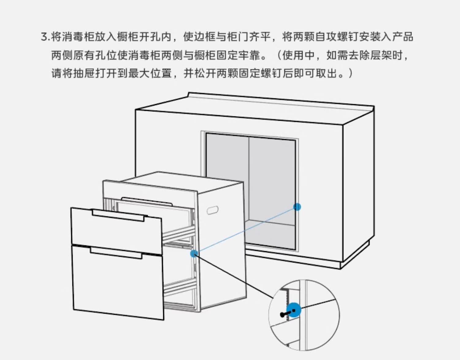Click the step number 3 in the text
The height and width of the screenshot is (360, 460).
coord(44,37)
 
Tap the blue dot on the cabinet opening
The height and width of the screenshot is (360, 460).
coord(297,207)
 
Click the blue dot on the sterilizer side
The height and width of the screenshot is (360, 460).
coord(194,253)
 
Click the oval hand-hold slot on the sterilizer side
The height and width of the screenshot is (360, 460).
coord(213,210)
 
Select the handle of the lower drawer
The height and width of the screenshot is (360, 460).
coord(116,253)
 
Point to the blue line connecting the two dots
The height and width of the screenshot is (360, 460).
coord(245,230)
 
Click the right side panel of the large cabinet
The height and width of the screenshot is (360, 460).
coord(358,190)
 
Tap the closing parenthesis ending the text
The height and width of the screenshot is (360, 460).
coord(351,74)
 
